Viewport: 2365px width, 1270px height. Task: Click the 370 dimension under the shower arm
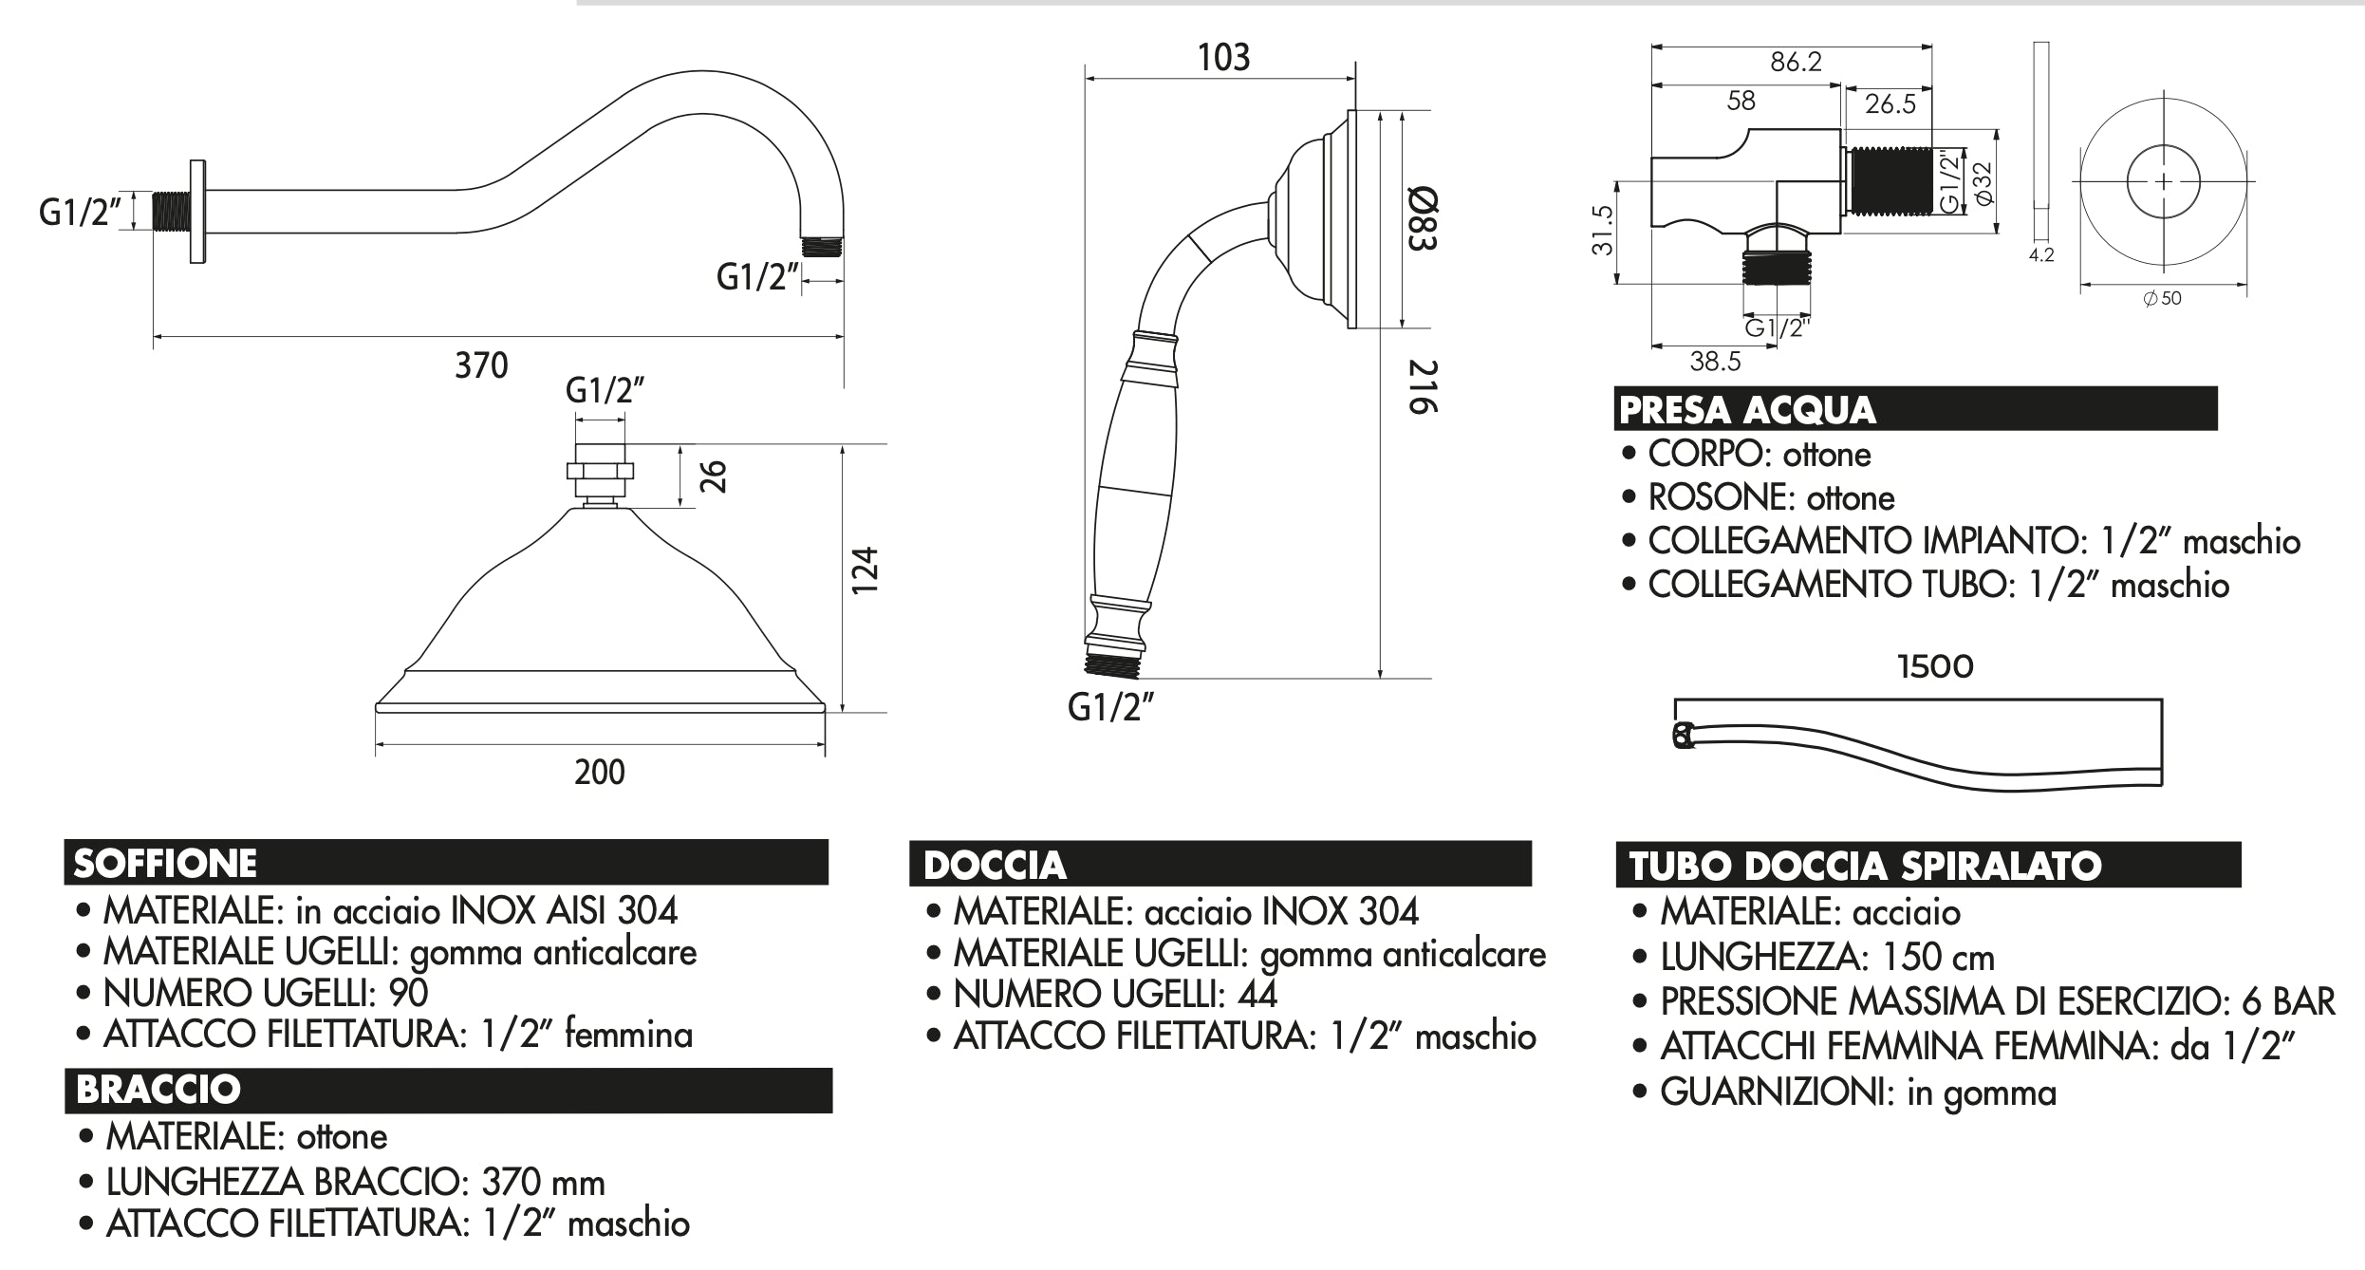tap(481, 365)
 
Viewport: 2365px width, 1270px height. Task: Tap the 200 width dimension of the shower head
tap(600, 772)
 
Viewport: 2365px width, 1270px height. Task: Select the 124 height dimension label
tap(865, 571)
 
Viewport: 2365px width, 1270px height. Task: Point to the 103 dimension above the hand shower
tap(1223, 58)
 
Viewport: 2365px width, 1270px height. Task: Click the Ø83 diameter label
tap(1423, 219)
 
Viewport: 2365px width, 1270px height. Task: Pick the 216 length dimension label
tap(1423, 386)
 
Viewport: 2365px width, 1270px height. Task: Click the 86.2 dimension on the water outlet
tap(1796, 62)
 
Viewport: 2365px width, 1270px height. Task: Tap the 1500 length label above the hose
tap(1935, 666)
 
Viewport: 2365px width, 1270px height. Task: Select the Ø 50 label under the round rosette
tap(2163, 298)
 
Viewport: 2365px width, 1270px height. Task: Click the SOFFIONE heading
tap(165, 864)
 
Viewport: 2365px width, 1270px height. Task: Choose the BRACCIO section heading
tap(158, 1090)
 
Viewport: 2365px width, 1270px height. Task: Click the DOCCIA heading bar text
tap(995, 866)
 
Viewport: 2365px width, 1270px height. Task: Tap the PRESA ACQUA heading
tap(1747, 410)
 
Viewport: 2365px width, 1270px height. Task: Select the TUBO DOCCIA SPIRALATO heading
tap(1865, 867)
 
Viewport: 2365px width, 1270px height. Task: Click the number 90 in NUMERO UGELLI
tap(409, 993)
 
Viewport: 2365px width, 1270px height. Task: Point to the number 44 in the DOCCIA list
tap(1257, 994)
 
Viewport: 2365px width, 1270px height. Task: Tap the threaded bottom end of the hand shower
tap(1111, 665)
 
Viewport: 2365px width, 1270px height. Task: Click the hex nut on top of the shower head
tap(600, 471)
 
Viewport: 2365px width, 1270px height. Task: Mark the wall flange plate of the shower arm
tap(197, 211)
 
